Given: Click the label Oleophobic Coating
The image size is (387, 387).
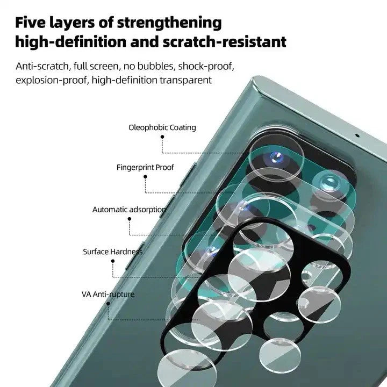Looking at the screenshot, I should pyautogui.click(x=162, y=128).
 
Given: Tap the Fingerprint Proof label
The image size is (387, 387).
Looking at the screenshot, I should pyautogui.click(x=145, y=168).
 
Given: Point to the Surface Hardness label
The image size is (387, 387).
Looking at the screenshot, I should pyautogui.click(x=112, y=252).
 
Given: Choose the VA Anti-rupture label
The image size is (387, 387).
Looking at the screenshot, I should pyautogui.click(x=107, y=295).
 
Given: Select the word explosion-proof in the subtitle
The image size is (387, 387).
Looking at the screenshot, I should pyautogui.click(x=52, y=81).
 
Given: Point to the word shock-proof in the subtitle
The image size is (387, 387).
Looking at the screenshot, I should pyautogui.click(x=206, y=66).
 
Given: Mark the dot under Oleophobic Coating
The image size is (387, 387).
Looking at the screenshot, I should pyautogui.click(x=162, y=137).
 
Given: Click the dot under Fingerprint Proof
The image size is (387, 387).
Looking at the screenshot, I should pyautogui.click(x=146, y=177).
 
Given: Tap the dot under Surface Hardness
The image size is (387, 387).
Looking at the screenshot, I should pyautogui.click(x=112, y=261).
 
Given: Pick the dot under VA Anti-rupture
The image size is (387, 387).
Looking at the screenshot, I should pyautogui.click(x=107, y=304).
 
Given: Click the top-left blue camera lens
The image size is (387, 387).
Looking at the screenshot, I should pyautogui.click(x=277, y=157).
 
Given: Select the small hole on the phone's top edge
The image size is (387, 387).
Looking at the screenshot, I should pyautogui.click(x=357, y=135).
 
